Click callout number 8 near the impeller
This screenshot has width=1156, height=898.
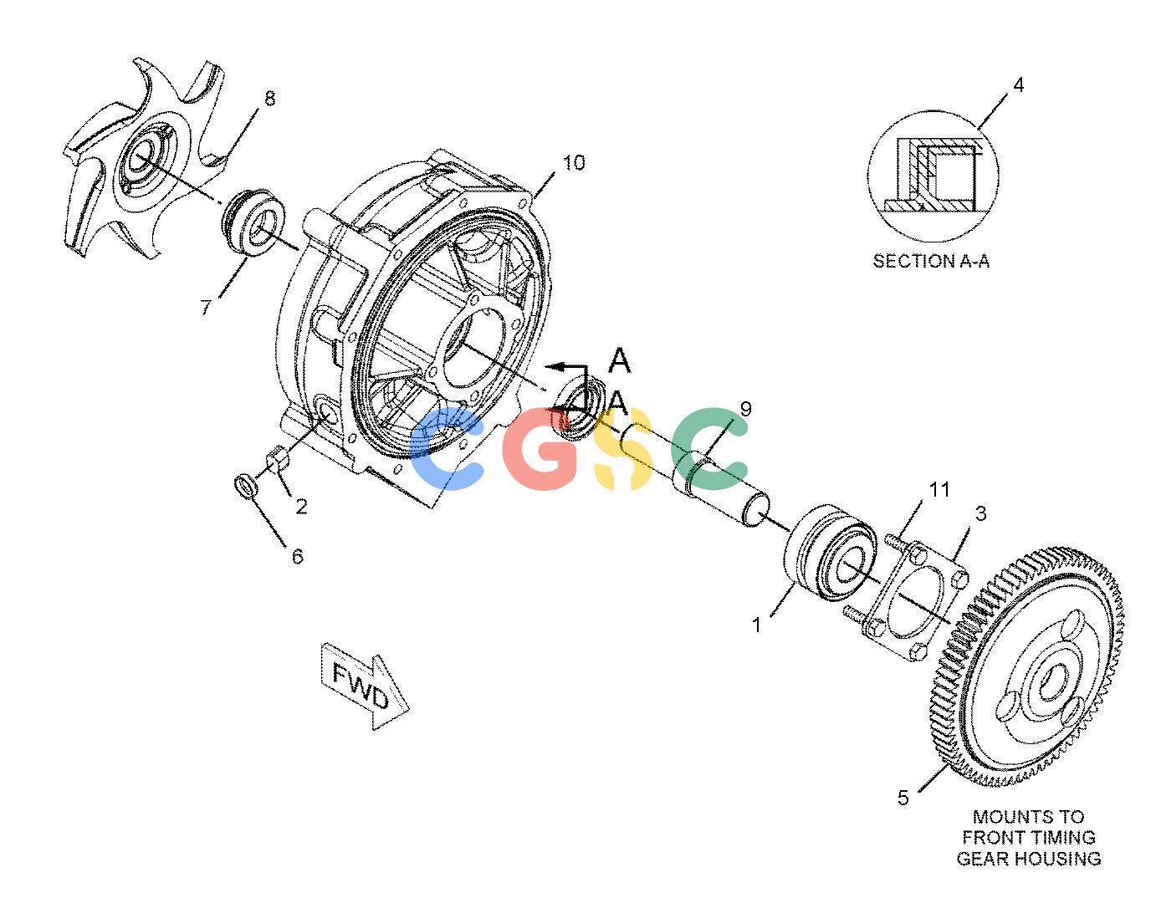(269, 99)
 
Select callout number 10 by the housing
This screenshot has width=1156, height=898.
(574, 163)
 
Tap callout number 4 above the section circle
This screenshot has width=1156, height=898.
(1018, 84)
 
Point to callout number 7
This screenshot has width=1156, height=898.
(206, 307)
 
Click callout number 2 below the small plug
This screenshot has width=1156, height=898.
(301, 506)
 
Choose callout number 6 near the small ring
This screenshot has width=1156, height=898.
(298, 556)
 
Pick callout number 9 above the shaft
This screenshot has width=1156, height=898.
(746, 409)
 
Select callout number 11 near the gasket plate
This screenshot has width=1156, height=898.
(939, 489)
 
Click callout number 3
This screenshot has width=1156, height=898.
(980, 513)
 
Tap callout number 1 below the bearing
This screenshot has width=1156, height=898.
(757, 625)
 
